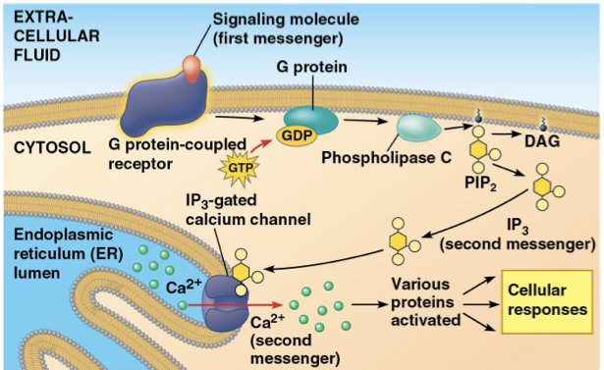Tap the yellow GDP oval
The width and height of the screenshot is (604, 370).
click(297, 132)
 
